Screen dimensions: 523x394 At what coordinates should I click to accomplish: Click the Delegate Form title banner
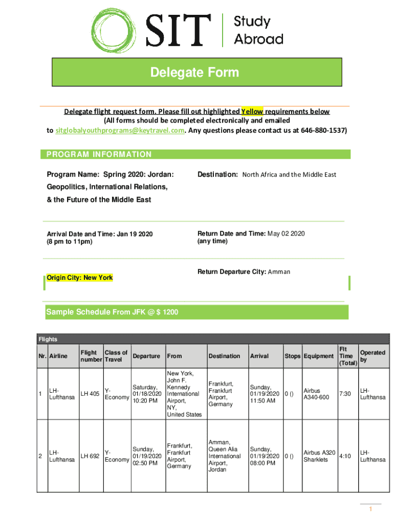pos(194,73)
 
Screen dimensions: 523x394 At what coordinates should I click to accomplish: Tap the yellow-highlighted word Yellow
pos(252,111)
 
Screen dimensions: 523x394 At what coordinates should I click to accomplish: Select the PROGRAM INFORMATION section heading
pos(99,154)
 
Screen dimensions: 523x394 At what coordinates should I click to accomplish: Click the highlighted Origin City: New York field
pos(79,278)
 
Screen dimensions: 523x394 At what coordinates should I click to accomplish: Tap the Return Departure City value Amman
pos(279,272)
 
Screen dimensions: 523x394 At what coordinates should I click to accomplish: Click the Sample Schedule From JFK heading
pos(112,312)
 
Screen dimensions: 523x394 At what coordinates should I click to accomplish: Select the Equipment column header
pos(319,356)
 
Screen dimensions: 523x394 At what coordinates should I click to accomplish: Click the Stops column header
pos(292,356)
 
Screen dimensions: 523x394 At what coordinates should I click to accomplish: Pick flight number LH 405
pos(90,394)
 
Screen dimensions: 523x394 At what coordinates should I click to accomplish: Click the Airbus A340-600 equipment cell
pos(316,394)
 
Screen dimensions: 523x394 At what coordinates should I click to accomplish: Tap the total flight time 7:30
pos(345,394)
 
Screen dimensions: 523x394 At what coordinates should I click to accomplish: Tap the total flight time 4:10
pos(345,456)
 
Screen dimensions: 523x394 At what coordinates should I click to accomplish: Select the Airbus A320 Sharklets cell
pos(319,456)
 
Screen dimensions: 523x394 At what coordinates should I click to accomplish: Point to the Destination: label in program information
pos(217,175)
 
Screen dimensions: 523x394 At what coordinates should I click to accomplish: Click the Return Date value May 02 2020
pos(286,233)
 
